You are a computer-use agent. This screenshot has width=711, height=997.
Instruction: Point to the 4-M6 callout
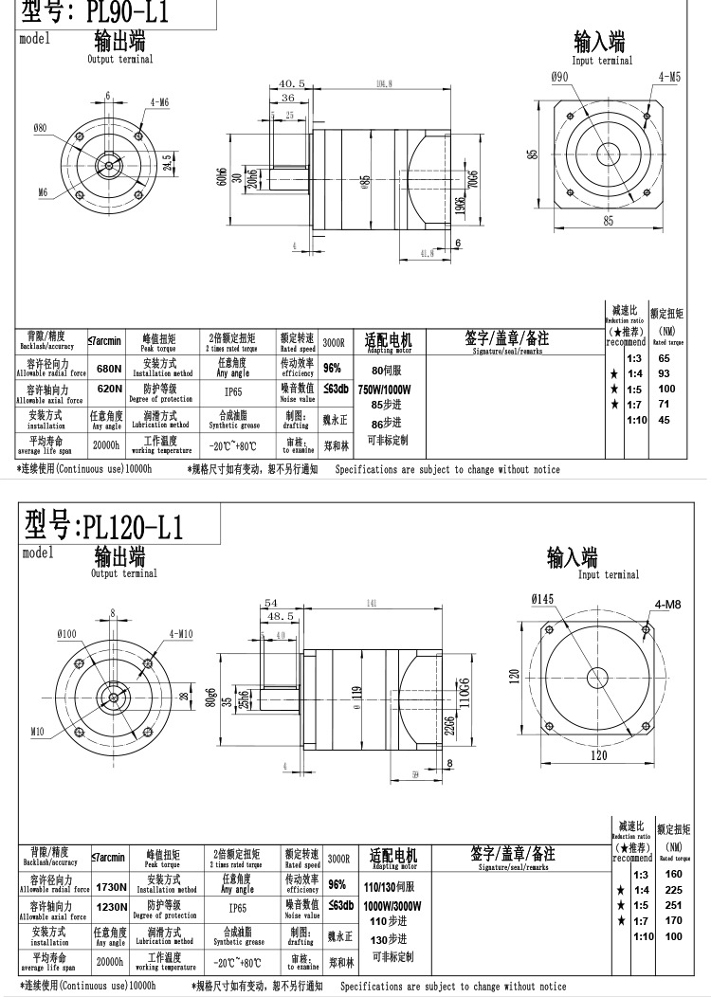pos(158,101)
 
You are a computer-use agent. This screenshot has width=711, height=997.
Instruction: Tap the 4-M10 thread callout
pos(181,633)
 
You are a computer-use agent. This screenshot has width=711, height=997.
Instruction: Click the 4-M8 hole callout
pos(667,604)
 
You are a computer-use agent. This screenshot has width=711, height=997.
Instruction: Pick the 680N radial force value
pos(109,369)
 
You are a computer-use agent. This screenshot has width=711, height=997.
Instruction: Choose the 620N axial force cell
pos(109,389)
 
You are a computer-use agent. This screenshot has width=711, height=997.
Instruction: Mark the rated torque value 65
pos(664,358)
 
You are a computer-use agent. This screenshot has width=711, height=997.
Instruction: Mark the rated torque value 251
pos(673,905)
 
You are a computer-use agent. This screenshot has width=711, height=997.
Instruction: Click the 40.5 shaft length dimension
pos(292,83)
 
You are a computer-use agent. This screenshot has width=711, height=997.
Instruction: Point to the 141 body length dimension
pos(370,603)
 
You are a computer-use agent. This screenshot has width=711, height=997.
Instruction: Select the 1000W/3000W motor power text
pos(392,905)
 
